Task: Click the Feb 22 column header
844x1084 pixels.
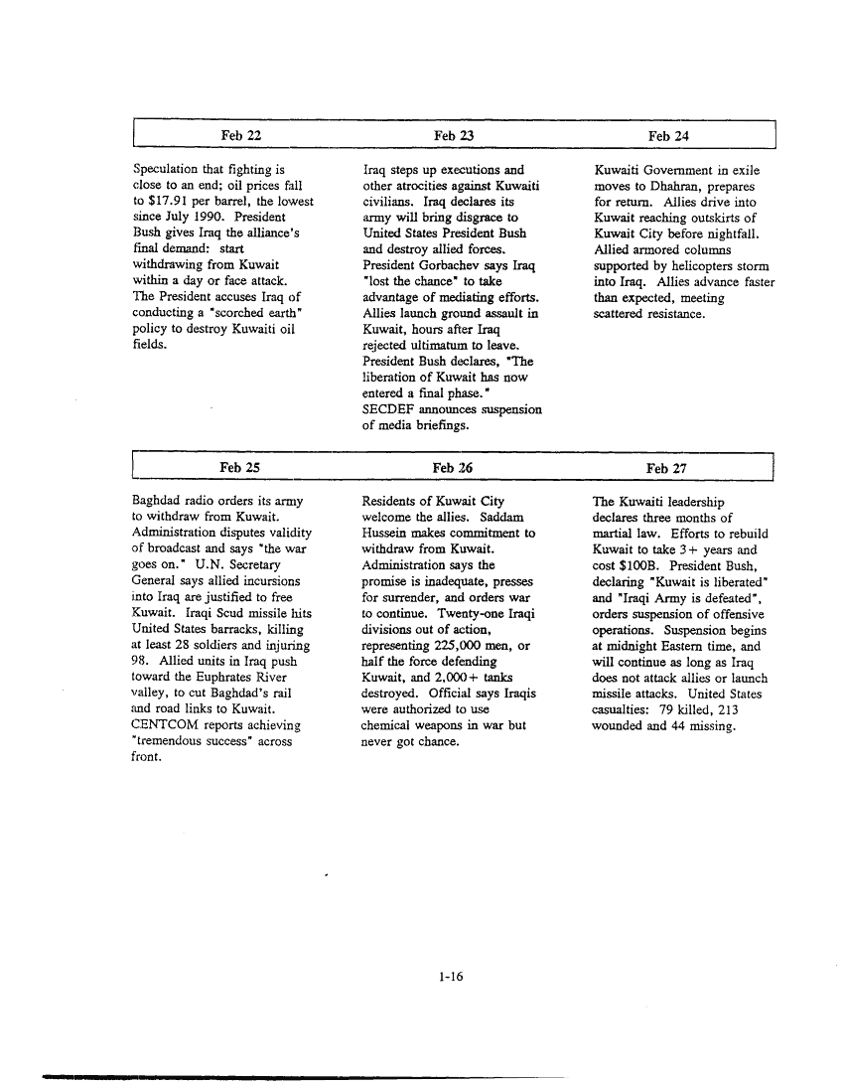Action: click(x=241, y=134)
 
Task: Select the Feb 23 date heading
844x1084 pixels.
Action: click(x=453, y=134)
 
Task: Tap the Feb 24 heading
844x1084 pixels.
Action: click(x=668, y=134)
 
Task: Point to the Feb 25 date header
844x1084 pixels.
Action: click(x=239, y=467)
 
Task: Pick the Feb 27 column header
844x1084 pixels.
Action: click(x=666, y=468)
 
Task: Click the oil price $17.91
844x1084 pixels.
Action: click(x=170, y=202)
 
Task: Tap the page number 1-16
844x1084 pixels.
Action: click(x=451, y=977)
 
